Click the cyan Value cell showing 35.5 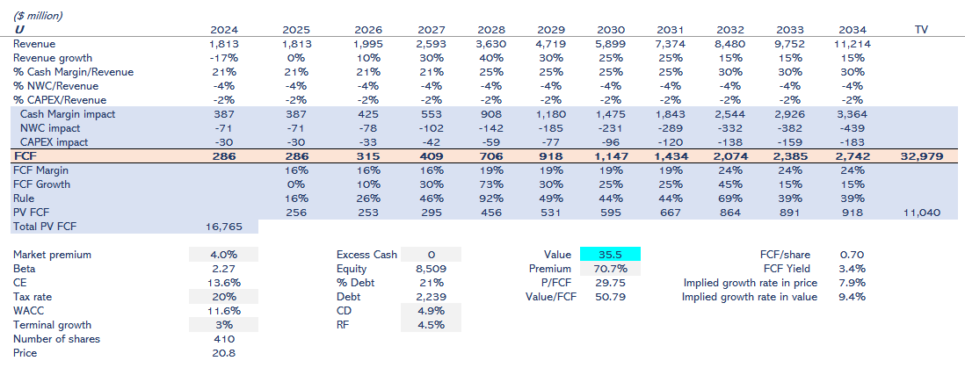(610, 254)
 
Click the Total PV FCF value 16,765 (223, 227)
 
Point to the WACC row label (29, 311)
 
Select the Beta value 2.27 (223, 269)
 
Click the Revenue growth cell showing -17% (225, 58)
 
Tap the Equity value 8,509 (430, 269)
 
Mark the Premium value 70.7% (610, 269)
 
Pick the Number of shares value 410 (223, 339)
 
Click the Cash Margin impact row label (68, 114)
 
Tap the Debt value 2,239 (430, 297)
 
